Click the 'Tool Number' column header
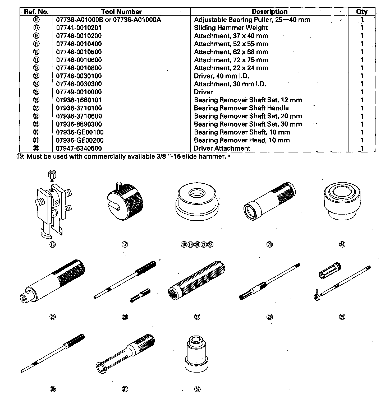coord(121,12)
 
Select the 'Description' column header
coord(269,12)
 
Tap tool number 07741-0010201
coord(79,28)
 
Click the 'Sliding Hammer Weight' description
coord(231,28)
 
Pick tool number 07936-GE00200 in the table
coord(80,140)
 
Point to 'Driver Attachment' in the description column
coord(222,148)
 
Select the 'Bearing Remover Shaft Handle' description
coord(241,108)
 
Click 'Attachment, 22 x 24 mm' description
coord(231,68)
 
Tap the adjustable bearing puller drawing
coord(53,209)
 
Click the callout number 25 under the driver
coord(53,317)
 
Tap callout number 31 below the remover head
coord(125,389)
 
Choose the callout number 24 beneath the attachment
coord(342,244)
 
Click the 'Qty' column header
coord(362,12)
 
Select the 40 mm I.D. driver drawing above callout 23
coord(269,201)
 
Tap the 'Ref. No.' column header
coord(36,12)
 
